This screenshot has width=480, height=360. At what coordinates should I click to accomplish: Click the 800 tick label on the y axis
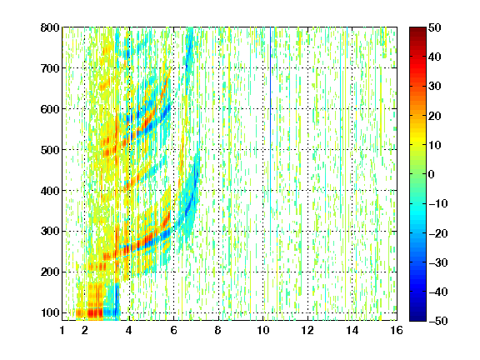coord(50,27)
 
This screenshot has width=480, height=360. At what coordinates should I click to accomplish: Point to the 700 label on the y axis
coord(50,68)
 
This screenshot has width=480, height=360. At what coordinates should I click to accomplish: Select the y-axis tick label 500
coord(50,150)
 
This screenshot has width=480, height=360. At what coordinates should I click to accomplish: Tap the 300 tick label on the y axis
coord(50,232)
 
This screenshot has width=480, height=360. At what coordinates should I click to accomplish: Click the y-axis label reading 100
coord(50,312)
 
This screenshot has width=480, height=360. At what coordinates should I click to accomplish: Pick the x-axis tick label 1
coord(62,330)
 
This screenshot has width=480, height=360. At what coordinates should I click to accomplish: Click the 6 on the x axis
coord(174,330)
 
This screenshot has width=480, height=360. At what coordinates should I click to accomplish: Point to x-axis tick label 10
coord(263,330)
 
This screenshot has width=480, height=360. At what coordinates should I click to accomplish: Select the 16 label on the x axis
coord(397,330)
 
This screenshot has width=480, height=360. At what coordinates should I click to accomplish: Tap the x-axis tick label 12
coord(307,330)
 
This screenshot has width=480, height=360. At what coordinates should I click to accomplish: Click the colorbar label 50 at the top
coord(434,27)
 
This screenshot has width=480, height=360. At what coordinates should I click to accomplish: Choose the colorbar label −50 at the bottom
coord(437,321)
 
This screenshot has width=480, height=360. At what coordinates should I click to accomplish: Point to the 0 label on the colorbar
coord(432,174)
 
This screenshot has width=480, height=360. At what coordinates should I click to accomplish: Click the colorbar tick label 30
coord(434,87)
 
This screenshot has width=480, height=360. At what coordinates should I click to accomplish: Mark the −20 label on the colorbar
coord(437,233)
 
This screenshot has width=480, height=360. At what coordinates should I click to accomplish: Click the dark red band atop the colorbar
coord(417,31)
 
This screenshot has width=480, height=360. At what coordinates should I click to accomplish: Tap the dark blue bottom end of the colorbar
coord(417,317)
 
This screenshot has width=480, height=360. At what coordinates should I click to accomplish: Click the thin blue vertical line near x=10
coord(270,117)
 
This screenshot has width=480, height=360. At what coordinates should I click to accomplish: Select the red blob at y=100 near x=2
coord(95,313)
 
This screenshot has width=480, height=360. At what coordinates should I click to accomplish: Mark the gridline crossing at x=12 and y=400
coord(307,190)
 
